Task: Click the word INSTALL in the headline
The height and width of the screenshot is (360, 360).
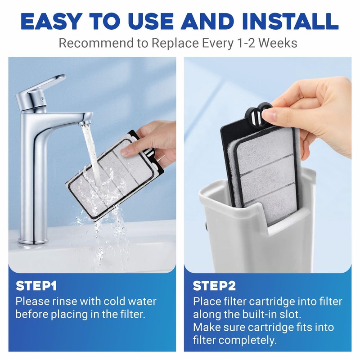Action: [290, 21]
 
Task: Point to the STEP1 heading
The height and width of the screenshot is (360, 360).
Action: [36, 286]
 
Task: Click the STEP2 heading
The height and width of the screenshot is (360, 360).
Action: [214, 286]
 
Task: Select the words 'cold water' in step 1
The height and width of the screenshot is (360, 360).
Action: [130, 301]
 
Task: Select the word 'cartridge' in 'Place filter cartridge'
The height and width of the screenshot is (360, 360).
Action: [273, 301]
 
